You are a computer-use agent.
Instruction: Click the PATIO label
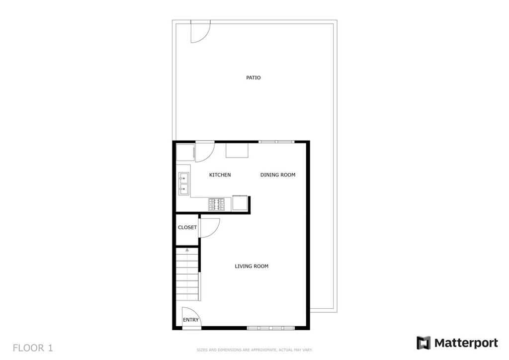tap(254, 78)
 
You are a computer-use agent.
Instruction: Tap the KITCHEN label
tap(220, 175)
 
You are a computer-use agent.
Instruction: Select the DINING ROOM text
tap(278, 175)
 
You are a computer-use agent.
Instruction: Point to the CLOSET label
tap(187, 228)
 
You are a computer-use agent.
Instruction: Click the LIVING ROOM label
tap(252, 267)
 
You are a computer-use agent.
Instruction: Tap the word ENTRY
tap(191, 320)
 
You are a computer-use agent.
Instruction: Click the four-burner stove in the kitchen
tap(216, 204)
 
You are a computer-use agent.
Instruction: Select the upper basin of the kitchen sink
tap(183, 177)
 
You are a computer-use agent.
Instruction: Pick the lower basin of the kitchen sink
tap(183, 188)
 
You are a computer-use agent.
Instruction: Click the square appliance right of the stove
tap(240, 204)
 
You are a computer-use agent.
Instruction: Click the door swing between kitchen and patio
tap(204, 152)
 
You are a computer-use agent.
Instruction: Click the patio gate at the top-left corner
tap(200, 31)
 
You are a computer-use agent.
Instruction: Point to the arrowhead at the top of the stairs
tap(187, 249)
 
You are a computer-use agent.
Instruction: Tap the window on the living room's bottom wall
tap(271, 328)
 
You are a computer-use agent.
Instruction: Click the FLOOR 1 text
tap(33, 347)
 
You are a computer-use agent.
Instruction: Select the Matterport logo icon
tap(424, 343)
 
